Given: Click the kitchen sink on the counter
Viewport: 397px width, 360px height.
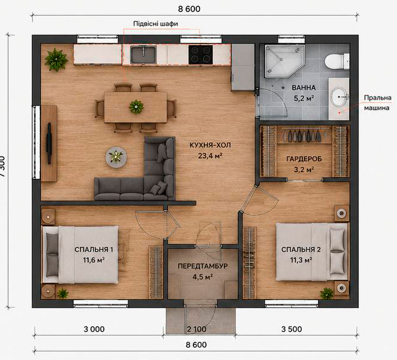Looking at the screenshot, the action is click(x=143, y=54).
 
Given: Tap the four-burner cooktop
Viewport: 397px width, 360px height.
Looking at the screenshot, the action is click(x=201, y=54).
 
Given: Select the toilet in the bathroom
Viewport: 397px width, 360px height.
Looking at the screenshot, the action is click(x=337, y=61).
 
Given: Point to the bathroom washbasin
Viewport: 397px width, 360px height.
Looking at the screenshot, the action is click(x=339, y=97).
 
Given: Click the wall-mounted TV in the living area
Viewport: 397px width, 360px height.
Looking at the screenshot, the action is click(x=49, y=143).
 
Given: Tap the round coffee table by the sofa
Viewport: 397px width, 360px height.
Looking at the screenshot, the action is click(x=116, y=157).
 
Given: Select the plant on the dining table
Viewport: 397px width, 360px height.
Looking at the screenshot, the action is click(x=136, y=107).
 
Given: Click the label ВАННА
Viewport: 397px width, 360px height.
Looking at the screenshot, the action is click(x=304, y=88).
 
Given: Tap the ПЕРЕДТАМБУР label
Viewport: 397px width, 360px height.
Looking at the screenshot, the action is click(x=202, y=266).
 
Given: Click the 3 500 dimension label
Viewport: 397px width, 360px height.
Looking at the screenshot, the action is click(x=292, y=329).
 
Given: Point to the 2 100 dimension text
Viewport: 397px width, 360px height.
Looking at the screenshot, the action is click(x=196, y=329).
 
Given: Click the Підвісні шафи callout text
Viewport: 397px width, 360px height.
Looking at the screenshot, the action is click(x=155, y=24).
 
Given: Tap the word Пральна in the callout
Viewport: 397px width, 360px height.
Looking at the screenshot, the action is click(x=378, y=98).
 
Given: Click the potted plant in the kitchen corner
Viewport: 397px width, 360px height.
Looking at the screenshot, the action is click(x=56, y=60).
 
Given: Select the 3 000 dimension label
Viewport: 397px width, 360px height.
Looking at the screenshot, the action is click(x=94, y=329).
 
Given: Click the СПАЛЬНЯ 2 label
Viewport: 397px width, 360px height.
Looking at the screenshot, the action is click(x=301, y=249).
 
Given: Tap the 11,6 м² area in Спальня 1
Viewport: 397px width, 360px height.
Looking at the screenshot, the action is click(x=94, y=260).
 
